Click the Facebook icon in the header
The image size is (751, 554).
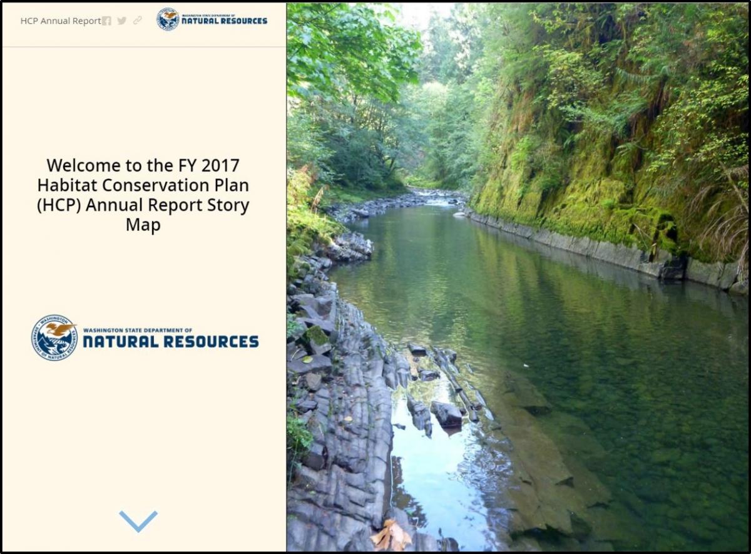click(x=106, y=21)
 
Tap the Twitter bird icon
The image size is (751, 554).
click(x=121, y=21)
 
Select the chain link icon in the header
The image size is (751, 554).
click(x=138, y=21)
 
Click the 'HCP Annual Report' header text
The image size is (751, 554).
click(x=61, y=21)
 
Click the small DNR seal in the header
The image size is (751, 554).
click(x=168, y=19)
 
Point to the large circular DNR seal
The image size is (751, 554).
click(x=54, y=337)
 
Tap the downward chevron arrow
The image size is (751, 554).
click(x=138, y=521)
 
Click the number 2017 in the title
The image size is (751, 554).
click(x=220, y=165)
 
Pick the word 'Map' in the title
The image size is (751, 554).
click(x=143, y=225)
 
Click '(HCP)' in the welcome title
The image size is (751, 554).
click(x=59, y=205)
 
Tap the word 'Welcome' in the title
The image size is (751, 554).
click(x=84, y=165)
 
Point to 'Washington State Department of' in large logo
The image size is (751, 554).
click(x=138, y=331)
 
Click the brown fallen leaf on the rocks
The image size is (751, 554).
click(x=391, y=536)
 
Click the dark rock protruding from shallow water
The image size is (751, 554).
click(x=446, y=414)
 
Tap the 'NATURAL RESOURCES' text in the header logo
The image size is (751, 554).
click(x=224, y=21)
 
